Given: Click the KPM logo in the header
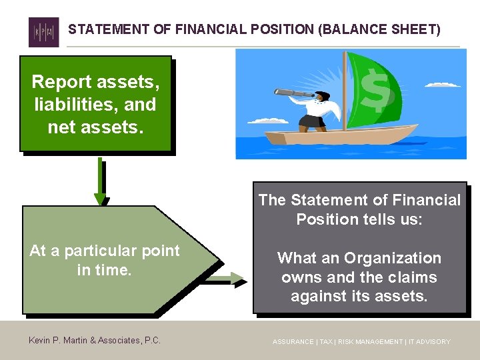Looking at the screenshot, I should pyautogui.click(x=43, y=31).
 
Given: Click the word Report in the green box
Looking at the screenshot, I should pyautogui.click(x=61, y=82).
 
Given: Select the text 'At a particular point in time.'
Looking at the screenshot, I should pyautogui.click(x=105, y=260).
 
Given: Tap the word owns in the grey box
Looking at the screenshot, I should pyautogui.click(x=300, y=277).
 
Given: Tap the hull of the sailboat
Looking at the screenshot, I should pyautogui.click(x=333, y=137).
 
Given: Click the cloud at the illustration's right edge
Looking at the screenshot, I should pyautogui.click(x=445, y=85).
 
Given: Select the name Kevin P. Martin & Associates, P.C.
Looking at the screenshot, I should pyautogui.click(x=95, y=341).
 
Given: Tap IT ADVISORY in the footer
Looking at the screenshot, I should pyautogui.click(x=429, y=341).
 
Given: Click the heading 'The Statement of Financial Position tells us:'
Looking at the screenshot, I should pyautogui.click(x=359, y=209).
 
